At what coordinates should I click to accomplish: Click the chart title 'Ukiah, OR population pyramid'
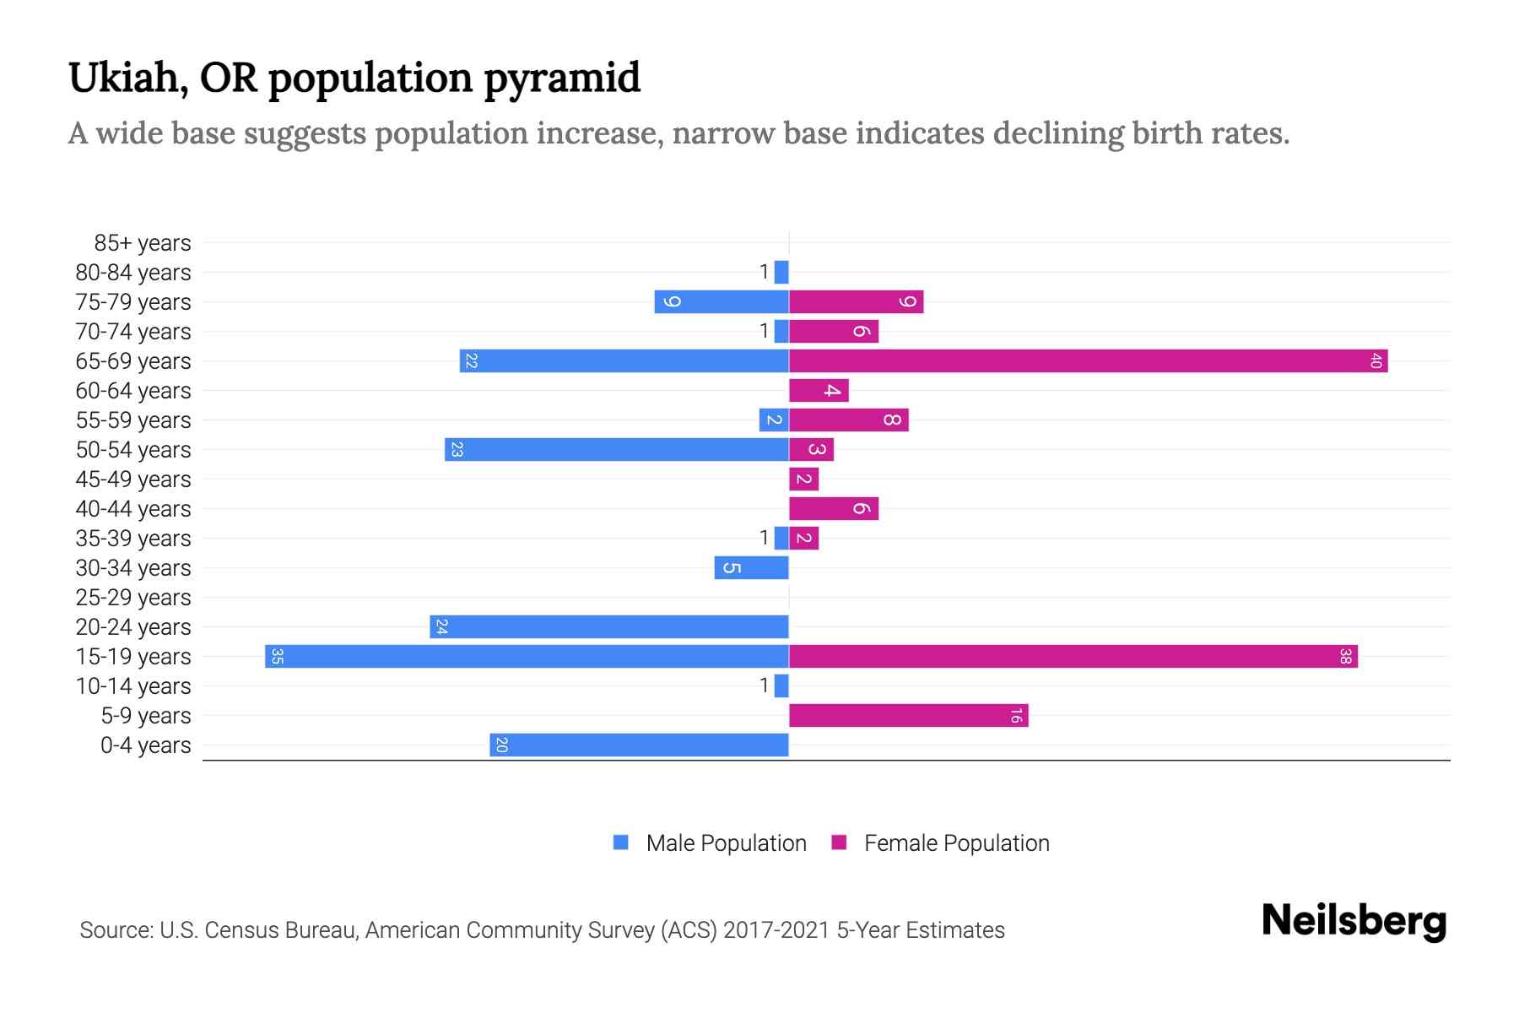(x=354, y=78)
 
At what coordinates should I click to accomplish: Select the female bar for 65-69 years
(x=1088, y=361)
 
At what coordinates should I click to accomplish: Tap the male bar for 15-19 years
(x=527, y=657)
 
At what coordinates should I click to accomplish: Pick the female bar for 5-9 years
(x=908, y=716)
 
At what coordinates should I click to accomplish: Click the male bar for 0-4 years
(x=639, y=745)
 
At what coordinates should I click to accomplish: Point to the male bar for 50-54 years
(x=616, y=450)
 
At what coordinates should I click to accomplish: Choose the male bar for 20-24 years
(x=608, y=627)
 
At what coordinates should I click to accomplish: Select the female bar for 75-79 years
(x=856, y=302)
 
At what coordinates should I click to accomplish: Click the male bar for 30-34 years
(x=751, y=568)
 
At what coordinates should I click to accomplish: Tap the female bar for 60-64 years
(x=819, y=391)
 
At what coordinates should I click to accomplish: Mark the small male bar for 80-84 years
(x=781, y=273)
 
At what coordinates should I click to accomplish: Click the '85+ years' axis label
(x=142, y=243)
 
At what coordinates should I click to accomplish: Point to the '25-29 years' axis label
(x=133, y=598)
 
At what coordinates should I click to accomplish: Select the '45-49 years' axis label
(x=133, y=479)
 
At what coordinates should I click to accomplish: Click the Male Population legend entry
(x=710, y=843)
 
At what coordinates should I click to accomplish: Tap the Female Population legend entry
(x=940, y=843)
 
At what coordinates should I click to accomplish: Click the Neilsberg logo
(x=1354, y=920)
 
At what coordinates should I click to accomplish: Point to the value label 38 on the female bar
(x=1345, y=657)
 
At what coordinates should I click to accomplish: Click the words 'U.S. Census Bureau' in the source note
(x=259, y=930)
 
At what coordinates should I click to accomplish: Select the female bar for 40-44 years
(x=834, y=509)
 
